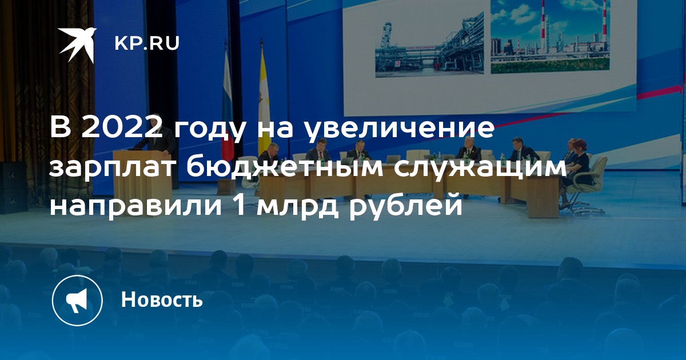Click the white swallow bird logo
point(77,45)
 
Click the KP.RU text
point(147,43)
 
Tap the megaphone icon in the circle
point(77,300)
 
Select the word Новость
point(162,299)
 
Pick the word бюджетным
point(284,169)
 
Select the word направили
point(135,207)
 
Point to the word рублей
point(406,207)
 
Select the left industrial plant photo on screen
point(429,45)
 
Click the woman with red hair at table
point(578,165)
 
